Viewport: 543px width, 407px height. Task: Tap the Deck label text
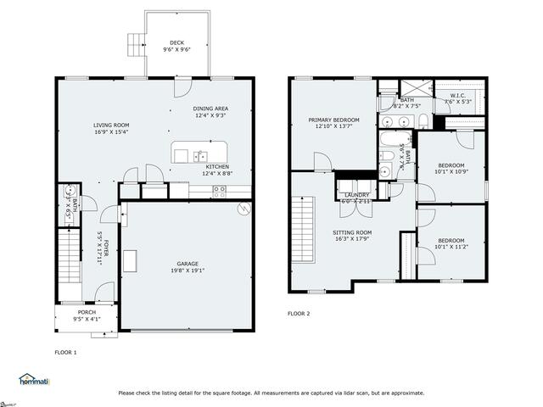(x=176, y=46)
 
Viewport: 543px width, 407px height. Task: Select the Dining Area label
(x=210, y=111)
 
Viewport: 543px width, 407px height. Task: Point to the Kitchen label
(x=218, y=170)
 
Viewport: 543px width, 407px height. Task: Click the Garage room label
(x=188, y=266)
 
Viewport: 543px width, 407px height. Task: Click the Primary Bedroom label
(x=333, y=123)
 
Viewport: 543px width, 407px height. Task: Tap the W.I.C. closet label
(x=458, y=98)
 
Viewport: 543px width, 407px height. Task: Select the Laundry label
(x=356, y=198)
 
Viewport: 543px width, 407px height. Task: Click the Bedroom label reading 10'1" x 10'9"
(x=451, y=168)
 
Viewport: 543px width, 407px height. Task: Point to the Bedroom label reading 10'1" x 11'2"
(x=451, y=243)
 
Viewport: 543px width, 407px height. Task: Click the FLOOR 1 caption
(x=66, y=352)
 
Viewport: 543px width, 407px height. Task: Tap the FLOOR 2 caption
(x=299, y=314)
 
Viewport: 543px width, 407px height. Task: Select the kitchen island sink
(x=200, y=155)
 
